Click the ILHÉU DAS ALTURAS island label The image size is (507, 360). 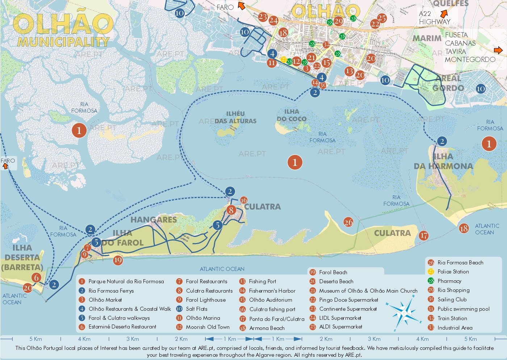(235, 118)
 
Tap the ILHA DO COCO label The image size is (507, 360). (292, 115)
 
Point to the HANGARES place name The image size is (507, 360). (154, 219)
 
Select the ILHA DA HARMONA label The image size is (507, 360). (443, 162)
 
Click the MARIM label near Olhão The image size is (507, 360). (427, 38)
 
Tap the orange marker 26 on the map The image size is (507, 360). (348, 222)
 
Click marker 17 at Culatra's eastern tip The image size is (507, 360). (424, 235)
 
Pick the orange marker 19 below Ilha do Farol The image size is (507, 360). (117, 260)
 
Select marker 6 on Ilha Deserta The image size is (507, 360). (36, 277)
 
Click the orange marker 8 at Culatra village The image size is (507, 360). (231, 210)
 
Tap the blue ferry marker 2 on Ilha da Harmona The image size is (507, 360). (442, 141)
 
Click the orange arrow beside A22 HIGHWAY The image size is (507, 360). (444, 14)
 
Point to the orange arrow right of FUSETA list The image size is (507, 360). (498, 50)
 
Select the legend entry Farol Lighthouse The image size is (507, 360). (205, 300)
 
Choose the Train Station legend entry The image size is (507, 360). (452, 318)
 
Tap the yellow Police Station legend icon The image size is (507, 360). (431, 272)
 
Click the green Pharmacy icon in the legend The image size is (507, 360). (431, 281)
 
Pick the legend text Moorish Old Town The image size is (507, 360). (208, 327)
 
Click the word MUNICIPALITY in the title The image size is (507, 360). (63, 42)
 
